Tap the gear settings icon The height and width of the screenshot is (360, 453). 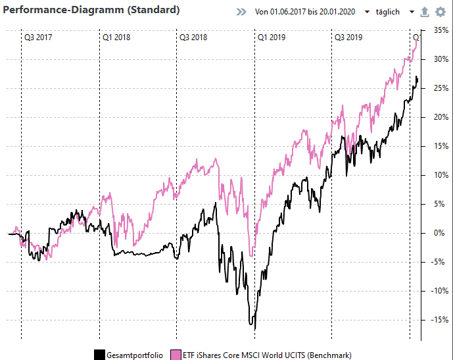point(440,12)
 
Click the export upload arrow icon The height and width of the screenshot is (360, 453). point(424,12)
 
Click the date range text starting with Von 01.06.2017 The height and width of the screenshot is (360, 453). point(304,13)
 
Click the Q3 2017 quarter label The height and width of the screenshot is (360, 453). point(37,38)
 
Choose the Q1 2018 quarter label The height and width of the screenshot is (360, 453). point(116,38)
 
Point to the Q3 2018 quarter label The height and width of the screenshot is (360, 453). point(193,38)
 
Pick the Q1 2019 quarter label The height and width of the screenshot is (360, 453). point(271,38)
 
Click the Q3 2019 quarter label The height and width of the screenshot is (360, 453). point(348,38)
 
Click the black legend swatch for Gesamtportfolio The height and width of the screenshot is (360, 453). point(100,355)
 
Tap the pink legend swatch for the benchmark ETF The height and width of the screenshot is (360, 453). point(176,355)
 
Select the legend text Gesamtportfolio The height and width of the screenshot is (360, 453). point(135,355)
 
